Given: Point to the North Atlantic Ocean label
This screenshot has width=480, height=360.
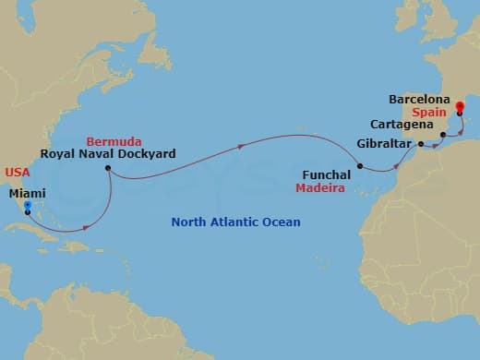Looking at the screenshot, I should [x=236, y=222].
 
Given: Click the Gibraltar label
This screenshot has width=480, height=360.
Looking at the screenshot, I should [x=384, y=144].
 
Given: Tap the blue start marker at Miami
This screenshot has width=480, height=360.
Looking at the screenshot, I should [x=28, y=207].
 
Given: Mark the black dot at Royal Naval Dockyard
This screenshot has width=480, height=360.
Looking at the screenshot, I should [x=108, y=169].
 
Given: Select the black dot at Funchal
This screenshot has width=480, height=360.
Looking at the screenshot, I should [x=360, y=167].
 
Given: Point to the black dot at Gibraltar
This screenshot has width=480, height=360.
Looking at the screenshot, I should [x=420, y=144].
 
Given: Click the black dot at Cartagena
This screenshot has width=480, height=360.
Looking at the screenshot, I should [x=443, y=136].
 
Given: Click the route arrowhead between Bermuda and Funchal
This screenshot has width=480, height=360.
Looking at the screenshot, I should [x=242, y=146].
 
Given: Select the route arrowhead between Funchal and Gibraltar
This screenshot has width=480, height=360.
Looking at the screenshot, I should [x=398, y=165].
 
